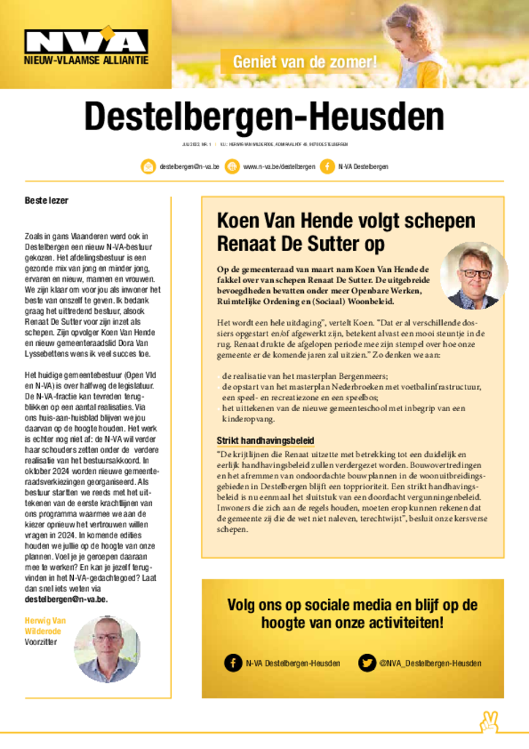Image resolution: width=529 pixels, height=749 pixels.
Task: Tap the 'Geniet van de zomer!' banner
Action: click(x=305, y=62)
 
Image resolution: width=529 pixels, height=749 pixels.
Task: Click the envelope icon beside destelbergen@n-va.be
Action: click(x=148, y=167)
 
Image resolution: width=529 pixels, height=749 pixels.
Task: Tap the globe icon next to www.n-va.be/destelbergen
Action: click(x=232, y=167)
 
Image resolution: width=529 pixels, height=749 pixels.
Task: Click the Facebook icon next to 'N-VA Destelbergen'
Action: click(x=326, y=167)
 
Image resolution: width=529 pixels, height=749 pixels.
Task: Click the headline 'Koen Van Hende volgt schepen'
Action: click(x=346, y=221)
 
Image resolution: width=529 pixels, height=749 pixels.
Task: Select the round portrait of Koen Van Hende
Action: click(x=473, y=276)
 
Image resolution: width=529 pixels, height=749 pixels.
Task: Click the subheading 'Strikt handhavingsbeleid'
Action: click(x=265, y=440)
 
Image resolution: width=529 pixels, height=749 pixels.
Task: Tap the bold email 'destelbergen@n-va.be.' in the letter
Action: click(x=66, y=598)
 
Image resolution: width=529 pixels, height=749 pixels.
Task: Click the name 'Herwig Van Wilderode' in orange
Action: click(x=45, y=626)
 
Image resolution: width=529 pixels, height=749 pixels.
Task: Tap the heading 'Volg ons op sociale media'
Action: click(x=352, y=614)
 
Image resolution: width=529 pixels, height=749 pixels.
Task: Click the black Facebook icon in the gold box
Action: click(x=233, y=663)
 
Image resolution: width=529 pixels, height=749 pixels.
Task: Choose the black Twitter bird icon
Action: click(x=366, y=663)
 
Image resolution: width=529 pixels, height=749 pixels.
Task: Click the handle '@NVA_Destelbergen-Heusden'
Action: click(x=430, y=663)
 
